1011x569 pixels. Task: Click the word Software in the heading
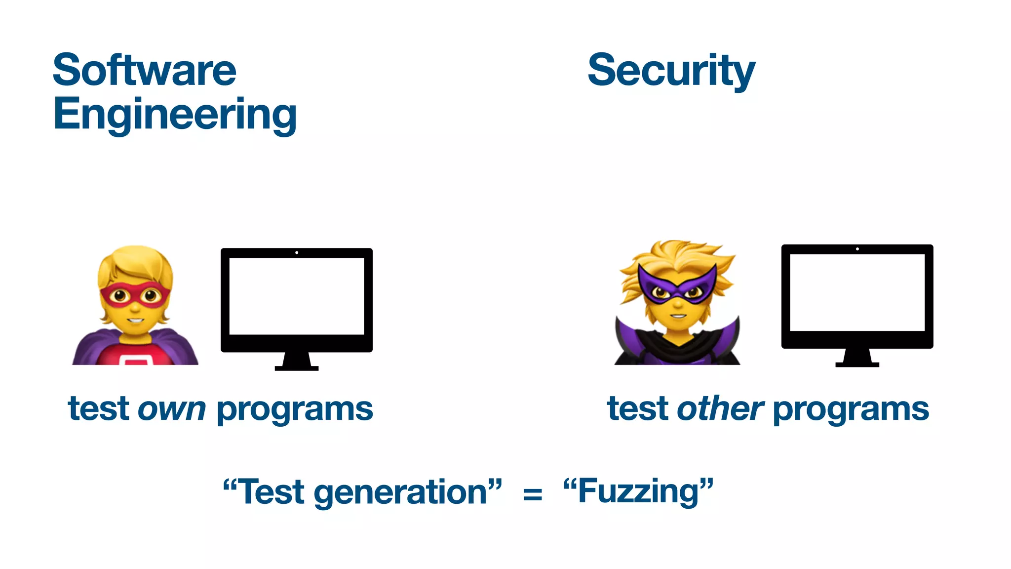coord(144,70)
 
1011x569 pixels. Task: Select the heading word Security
coord(671,71)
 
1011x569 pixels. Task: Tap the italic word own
coord(171,409)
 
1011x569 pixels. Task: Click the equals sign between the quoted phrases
coord(533,493)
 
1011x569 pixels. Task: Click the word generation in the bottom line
coord(400,493)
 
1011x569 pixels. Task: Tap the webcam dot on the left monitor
coord(297,252)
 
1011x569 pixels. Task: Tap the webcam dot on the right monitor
coord(857,249)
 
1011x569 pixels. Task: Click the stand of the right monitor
coord(857,358)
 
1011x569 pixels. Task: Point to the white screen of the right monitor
coord(857,292)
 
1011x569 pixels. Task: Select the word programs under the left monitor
coord(295,409)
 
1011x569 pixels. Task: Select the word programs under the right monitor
coord(851,409)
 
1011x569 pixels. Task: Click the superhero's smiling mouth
coord(134,320)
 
